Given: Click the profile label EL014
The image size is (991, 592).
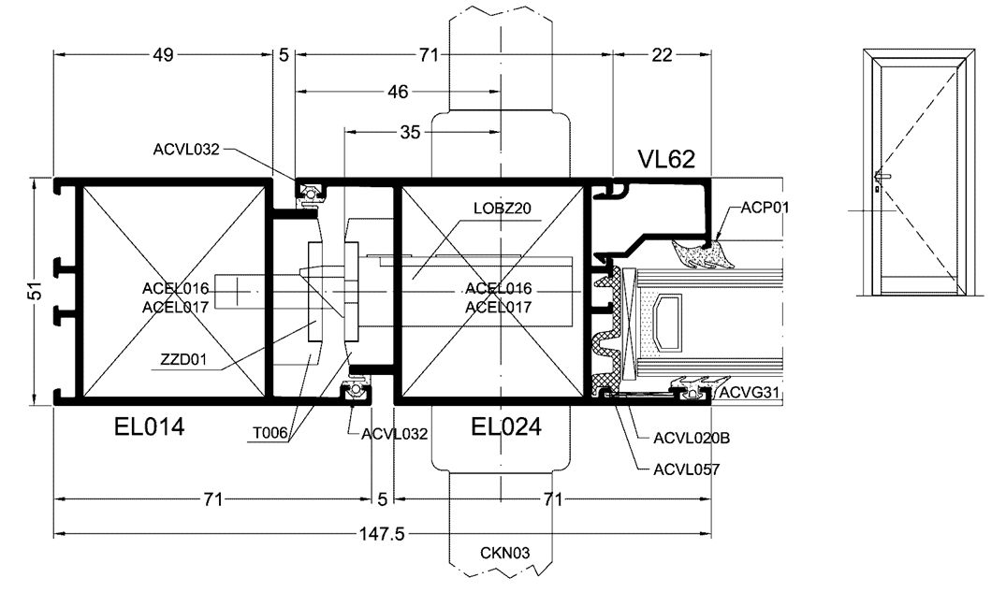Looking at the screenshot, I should pos(145,428).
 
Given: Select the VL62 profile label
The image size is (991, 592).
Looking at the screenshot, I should pos(665,159).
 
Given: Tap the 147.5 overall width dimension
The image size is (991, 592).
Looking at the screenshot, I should pos(381,534).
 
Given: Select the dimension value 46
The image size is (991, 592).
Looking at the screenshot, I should pos(398,92).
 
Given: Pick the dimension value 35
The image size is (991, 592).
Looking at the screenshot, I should pos(410,132).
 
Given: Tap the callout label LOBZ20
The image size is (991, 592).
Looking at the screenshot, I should pos(503,208).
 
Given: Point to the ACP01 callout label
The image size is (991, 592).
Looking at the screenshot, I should pos(765,207).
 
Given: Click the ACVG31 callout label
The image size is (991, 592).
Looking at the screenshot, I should pos(749,393).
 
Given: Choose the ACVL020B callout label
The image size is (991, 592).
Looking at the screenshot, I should pos(692,437).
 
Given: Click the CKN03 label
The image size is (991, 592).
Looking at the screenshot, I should pos(505,553).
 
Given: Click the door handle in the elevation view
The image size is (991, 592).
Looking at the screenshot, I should pos(882,175).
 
